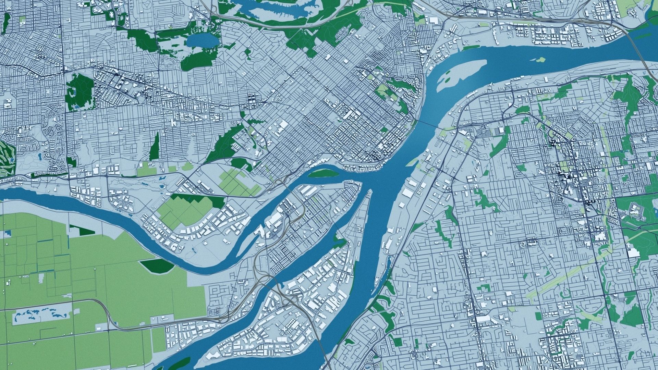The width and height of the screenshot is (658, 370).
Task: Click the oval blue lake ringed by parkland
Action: click(202, 41)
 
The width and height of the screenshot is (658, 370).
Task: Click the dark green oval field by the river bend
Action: click(157, 265)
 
